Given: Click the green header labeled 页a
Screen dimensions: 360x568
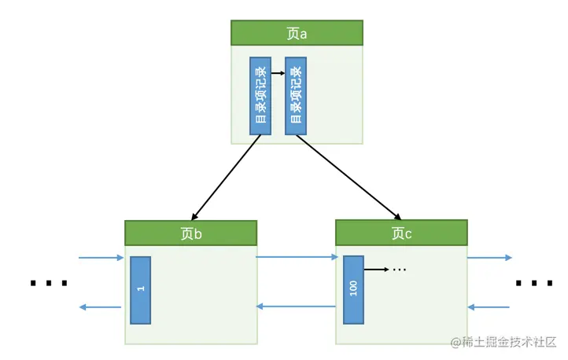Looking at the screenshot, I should pyautogui.click(x=297, y=33).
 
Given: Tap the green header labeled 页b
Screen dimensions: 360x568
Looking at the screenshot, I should pyautogui.click(x=190, y=233).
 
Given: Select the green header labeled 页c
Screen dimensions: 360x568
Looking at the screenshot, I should pyautogui.click(x=401, y=233).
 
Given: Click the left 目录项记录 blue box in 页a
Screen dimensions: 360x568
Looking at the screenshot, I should pyautogui.click(x=260, y=96).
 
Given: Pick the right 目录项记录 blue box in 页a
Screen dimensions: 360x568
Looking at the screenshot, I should pyautogui.click(x=295, y=96).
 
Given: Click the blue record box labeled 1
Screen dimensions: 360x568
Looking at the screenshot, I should pyautogui.click(x=140, y=289).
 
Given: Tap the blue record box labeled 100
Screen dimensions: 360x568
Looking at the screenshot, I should pyautogui.click(x=353, y=289).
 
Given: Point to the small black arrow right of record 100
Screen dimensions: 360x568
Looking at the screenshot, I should pyautogui.click(x=376, y=270).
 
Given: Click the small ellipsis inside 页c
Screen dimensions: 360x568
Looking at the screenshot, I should pyautogui.click(x=398, y=270).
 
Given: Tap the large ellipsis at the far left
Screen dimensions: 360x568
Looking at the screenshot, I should pyautogui.click(x=49, y=283).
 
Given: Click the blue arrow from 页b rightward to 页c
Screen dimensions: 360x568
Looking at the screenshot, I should pyautogui.click(x=296, y=257).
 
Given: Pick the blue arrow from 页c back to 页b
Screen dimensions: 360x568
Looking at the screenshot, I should pyautogui.click(x=296, y=307).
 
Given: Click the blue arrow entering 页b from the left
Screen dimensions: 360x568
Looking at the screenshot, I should pyautogui.click(x=101, y=257).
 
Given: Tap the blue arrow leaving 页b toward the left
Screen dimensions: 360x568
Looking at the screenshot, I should pyautogui.click(x=101, y=307).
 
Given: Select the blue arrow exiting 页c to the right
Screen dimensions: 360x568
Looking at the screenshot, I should pyautogui.click(x=489, y=257).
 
